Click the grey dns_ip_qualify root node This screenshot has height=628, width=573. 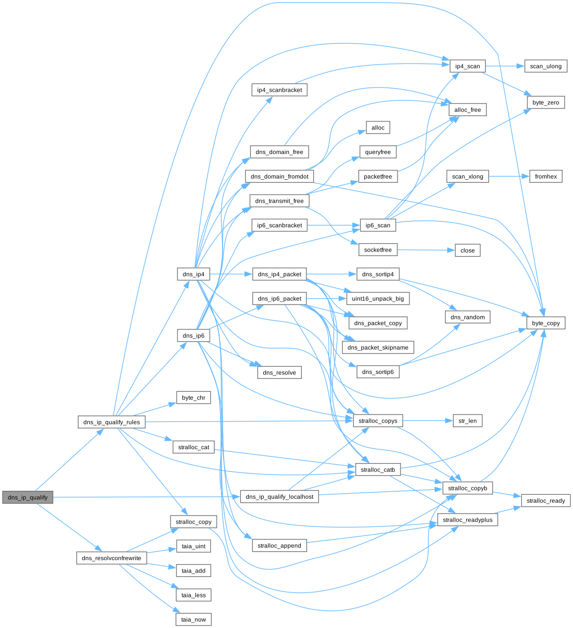28,497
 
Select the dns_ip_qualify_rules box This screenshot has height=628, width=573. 112,421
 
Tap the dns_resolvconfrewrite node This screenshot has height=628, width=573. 112,558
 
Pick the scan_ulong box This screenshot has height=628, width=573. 545,66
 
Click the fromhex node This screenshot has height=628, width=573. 545,176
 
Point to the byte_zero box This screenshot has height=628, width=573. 545,103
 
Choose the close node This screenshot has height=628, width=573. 467,250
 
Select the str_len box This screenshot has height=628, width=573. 467,420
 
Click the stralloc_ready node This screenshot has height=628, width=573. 545,500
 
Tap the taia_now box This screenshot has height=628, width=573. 193,619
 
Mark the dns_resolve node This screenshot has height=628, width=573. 279,372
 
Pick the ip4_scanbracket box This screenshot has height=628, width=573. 279,90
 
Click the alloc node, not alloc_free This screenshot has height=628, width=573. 378,127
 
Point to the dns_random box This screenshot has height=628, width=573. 467,317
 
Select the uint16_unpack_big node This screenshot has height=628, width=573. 378,298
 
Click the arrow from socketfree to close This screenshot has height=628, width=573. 426,250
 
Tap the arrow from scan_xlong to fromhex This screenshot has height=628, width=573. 509,176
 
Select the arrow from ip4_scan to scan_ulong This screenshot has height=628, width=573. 505,66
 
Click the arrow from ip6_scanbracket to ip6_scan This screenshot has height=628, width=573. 334,225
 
